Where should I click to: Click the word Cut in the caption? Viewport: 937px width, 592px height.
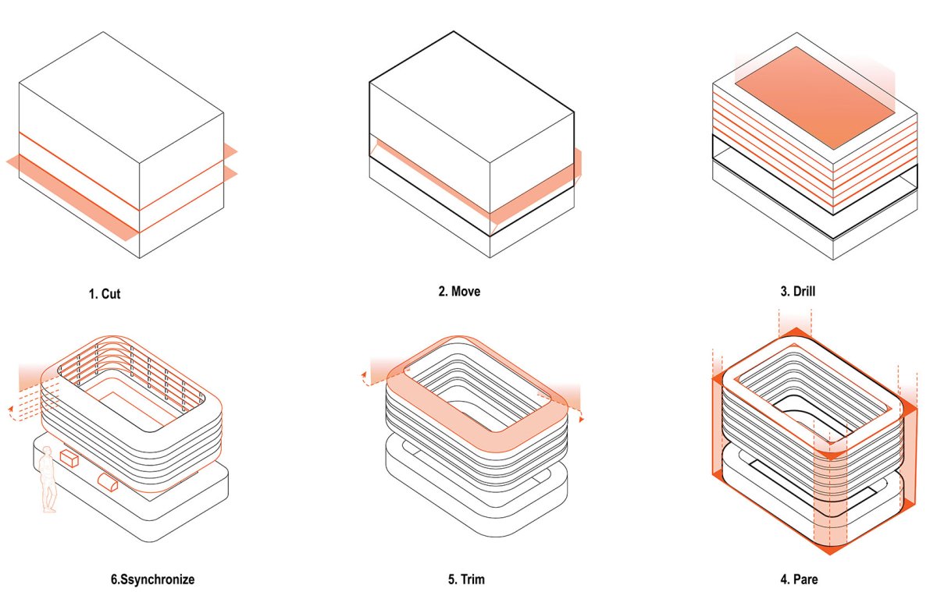click(111, 294)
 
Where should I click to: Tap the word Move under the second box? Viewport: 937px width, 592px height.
click(466, 291)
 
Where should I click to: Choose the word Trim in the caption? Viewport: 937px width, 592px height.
click(472, 580)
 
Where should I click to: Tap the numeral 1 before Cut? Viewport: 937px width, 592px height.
click(91, 294)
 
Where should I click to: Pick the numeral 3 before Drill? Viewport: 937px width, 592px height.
click(784, 291)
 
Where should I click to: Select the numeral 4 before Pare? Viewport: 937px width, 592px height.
click(784, 580)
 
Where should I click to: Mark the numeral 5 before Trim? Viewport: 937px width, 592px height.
click(452, 580)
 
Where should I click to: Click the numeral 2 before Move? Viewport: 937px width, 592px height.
click(442, 291)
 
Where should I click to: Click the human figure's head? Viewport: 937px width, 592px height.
click(48, 451)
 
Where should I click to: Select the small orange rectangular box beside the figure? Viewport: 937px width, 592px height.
click(69, 458)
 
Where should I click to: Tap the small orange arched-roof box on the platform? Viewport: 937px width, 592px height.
click(108, 482)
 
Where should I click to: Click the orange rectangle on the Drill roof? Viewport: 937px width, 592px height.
click(814, 97)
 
